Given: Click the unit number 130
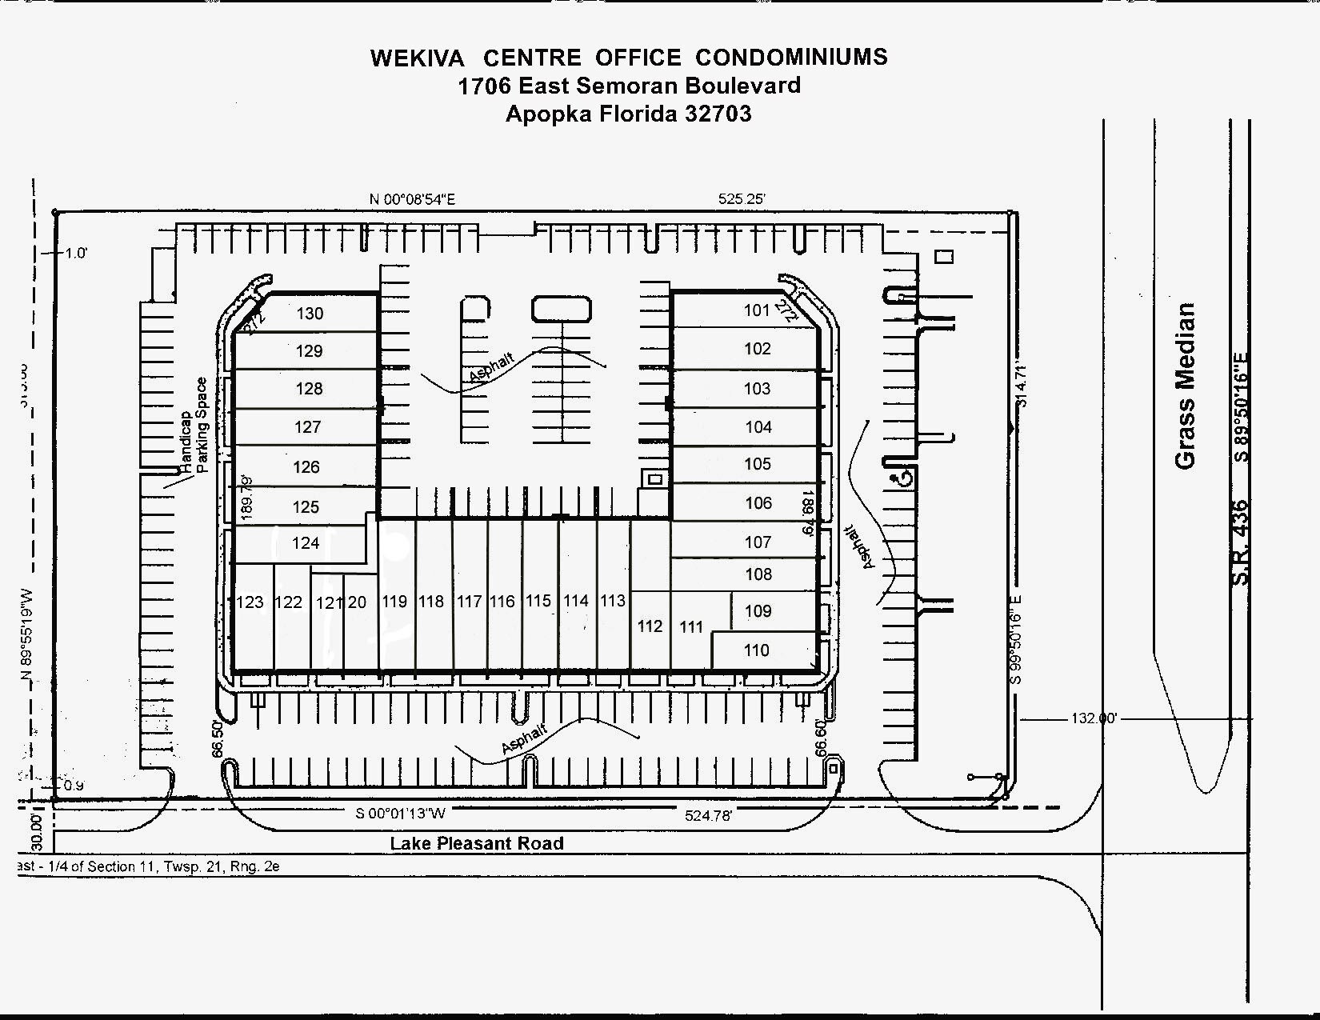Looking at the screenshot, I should pyautogui.click(x=310, y=314).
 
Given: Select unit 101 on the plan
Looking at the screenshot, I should pyautogui.click(x=756, y=310).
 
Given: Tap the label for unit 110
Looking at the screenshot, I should pyautogui.click(x=756, y=650).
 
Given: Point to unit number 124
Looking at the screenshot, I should pyautogui.click(x=306, y=543).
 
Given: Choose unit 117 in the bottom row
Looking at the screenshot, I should pyautogui.click(x=469, y=602).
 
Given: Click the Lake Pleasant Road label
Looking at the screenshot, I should pyautogui.click(x=477, y=843).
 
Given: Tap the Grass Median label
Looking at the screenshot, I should pyautogui.click(x=1185, y=386).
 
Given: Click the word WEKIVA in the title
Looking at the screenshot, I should pyautogui.click(x=417, y=58).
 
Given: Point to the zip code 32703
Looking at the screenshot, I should pyautogui.click(x=718, y=114).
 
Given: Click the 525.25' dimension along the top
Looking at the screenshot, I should pyautogui.click(x=742, y=198).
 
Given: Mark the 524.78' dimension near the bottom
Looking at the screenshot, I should pyautogui.click(x=708, y=815).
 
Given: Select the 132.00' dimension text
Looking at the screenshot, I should pyautogui.click(x=1094, y=718).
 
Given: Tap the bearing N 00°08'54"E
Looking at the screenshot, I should pyautogui.click(x=412, y=199).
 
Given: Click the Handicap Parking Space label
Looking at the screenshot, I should pyautogui.click(x=194, y=426).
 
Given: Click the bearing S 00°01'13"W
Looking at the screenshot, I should pyautogui.click(x=400, y=814).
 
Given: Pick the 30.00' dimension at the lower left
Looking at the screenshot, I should pyautogui.click(x=35, y=832).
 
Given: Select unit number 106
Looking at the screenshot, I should pyautogui.click(x=758, y=503).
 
